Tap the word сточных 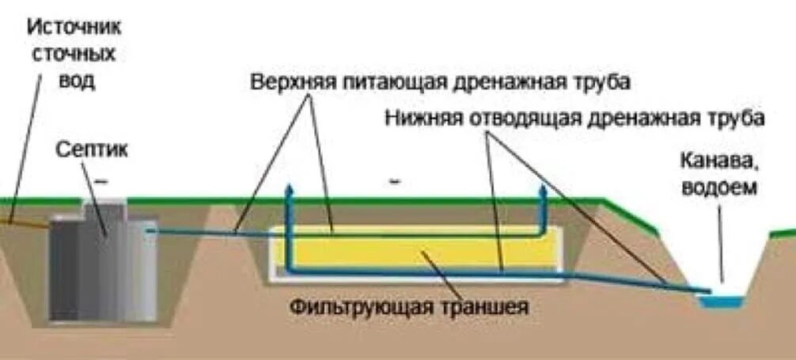[x=75, y=54]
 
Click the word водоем [x=718, y=188]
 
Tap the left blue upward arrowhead [x=289, y=191]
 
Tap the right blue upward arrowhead [x=544, y=191]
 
